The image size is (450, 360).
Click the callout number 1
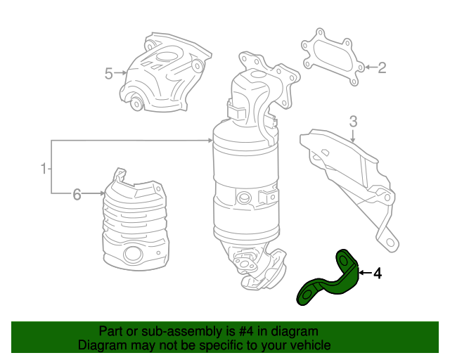43,168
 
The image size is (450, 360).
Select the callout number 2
382,68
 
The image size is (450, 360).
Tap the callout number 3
354,120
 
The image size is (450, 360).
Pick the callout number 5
109,73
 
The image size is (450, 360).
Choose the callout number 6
77,195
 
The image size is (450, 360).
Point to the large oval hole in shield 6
131,255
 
